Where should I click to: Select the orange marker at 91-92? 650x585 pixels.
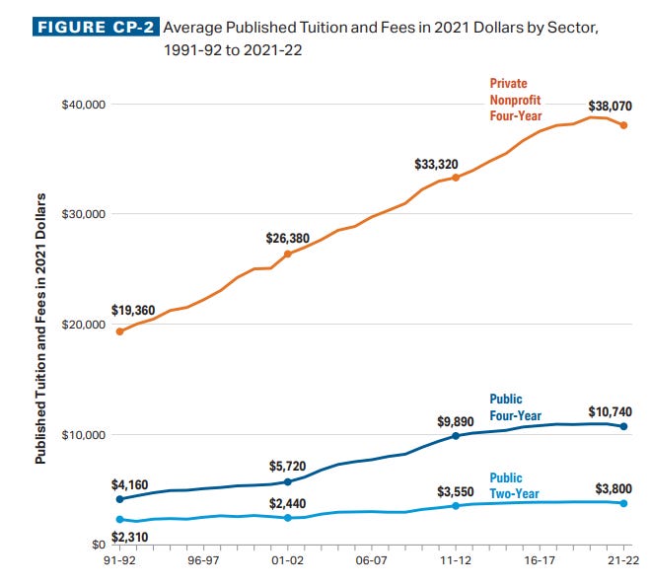[x=119, y=331]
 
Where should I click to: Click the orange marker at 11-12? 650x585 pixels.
[x=456, y=178]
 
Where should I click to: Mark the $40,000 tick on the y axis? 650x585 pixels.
[x=82, y=105]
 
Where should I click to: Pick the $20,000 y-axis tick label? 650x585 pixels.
[x=82, y=325]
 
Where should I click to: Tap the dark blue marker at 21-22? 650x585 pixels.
[x=623, y=426]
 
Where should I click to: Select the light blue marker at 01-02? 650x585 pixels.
[x=288, y=518]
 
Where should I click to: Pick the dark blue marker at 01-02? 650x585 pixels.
[x=288, y=481]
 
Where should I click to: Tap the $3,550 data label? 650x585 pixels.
[x=456, y=490]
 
